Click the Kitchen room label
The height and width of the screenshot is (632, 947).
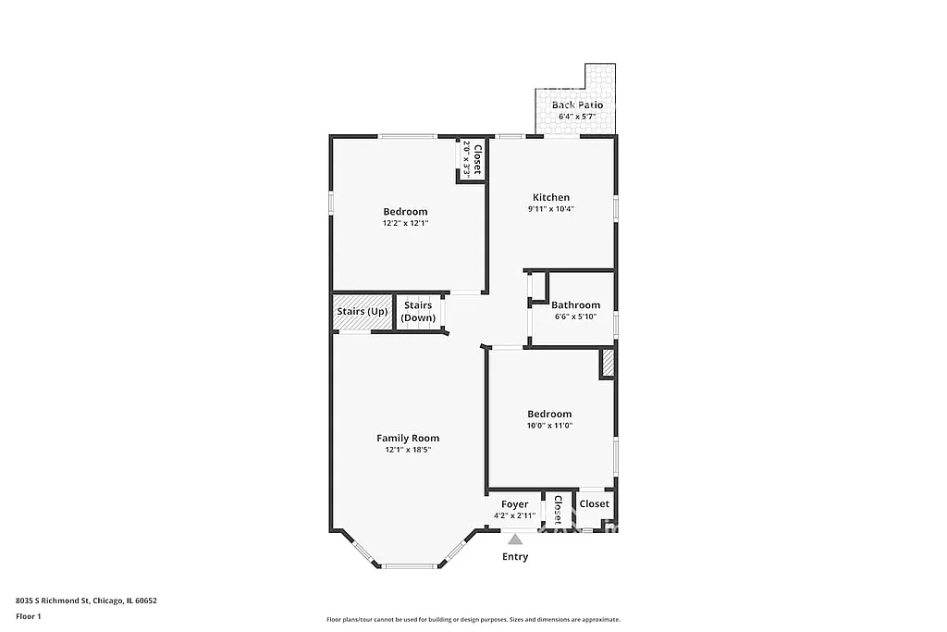(x=551, y=197)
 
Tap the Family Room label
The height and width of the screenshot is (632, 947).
(x=408, y=438)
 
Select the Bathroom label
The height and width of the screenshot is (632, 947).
(x=575, y=305)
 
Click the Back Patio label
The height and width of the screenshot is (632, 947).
(x=577, y=105)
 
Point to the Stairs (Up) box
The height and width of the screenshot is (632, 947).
(x=363, y=312)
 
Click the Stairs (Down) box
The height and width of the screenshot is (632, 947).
(x=418, y=312)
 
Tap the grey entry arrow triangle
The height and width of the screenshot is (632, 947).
(x=515, y=539)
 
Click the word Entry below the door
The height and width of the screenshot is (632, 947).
(x=515, y=557)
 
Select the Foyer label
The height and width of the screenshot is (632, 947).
(x=514, y=504)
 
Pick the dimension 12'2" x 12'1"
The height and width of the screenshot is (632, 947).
(x=406, y=223)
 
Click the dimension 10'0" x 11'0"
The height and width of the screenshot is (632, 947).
(x=549, y=426)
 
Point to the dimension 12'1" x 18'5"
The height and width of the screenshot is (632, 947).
(x=408, y=450)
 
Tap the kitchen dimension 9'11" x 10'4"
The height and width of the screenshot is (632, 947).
(x=551, y=209)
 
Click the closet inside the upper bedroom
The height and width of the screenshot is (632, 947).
(x=472, y=159)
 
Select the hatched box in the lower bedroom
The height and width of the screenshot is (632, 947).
(x=608, y=364)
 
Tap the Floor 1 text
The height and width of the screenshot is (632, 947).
(x=29, y=615)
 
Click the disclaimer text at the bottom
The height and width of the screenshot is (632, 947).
(x=473, y=620)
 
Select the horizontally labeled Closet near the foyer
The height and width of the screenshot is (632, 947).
(x=595, y=504)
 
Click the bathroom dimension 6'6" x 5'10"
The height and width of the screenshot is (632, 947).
(x=575, y=316)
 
